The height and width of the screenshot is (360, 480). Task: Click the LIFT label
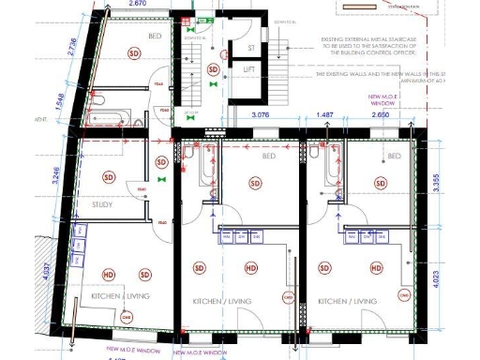pos(249,70)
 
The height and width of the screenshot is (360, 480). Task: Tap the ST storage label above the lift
pos(250,47)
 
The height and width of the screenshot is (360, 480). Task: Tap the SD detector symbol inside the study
pos(109,177)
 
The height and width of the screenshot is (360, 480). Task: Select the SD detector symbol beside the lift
pos(213,70)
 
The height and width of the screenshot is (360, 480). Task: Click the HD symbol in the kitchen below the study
pos(109,274)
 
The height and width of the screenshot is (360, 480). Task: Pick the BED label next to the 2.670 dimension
pos(156,36)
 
